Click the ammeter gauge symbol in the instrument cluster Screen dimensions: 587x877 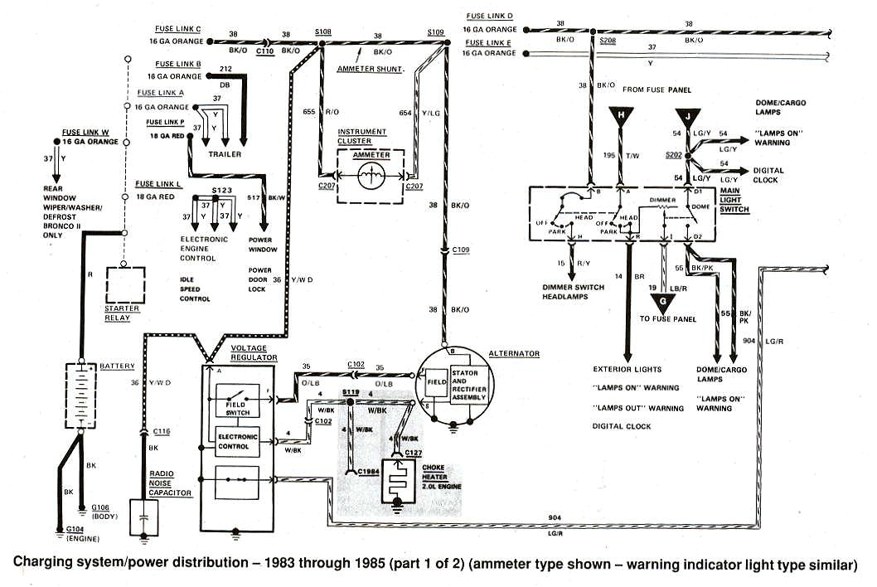point(369,174)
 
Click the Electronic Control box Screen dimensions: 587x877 point(237,441)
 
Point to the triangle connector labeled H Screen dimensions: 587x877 point(618,117)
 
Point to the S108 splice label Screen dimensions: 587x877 point(323,31)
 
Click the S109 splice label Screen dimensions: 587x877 point(436,31)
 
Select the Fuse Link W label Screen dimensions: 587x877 point(85,132)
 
